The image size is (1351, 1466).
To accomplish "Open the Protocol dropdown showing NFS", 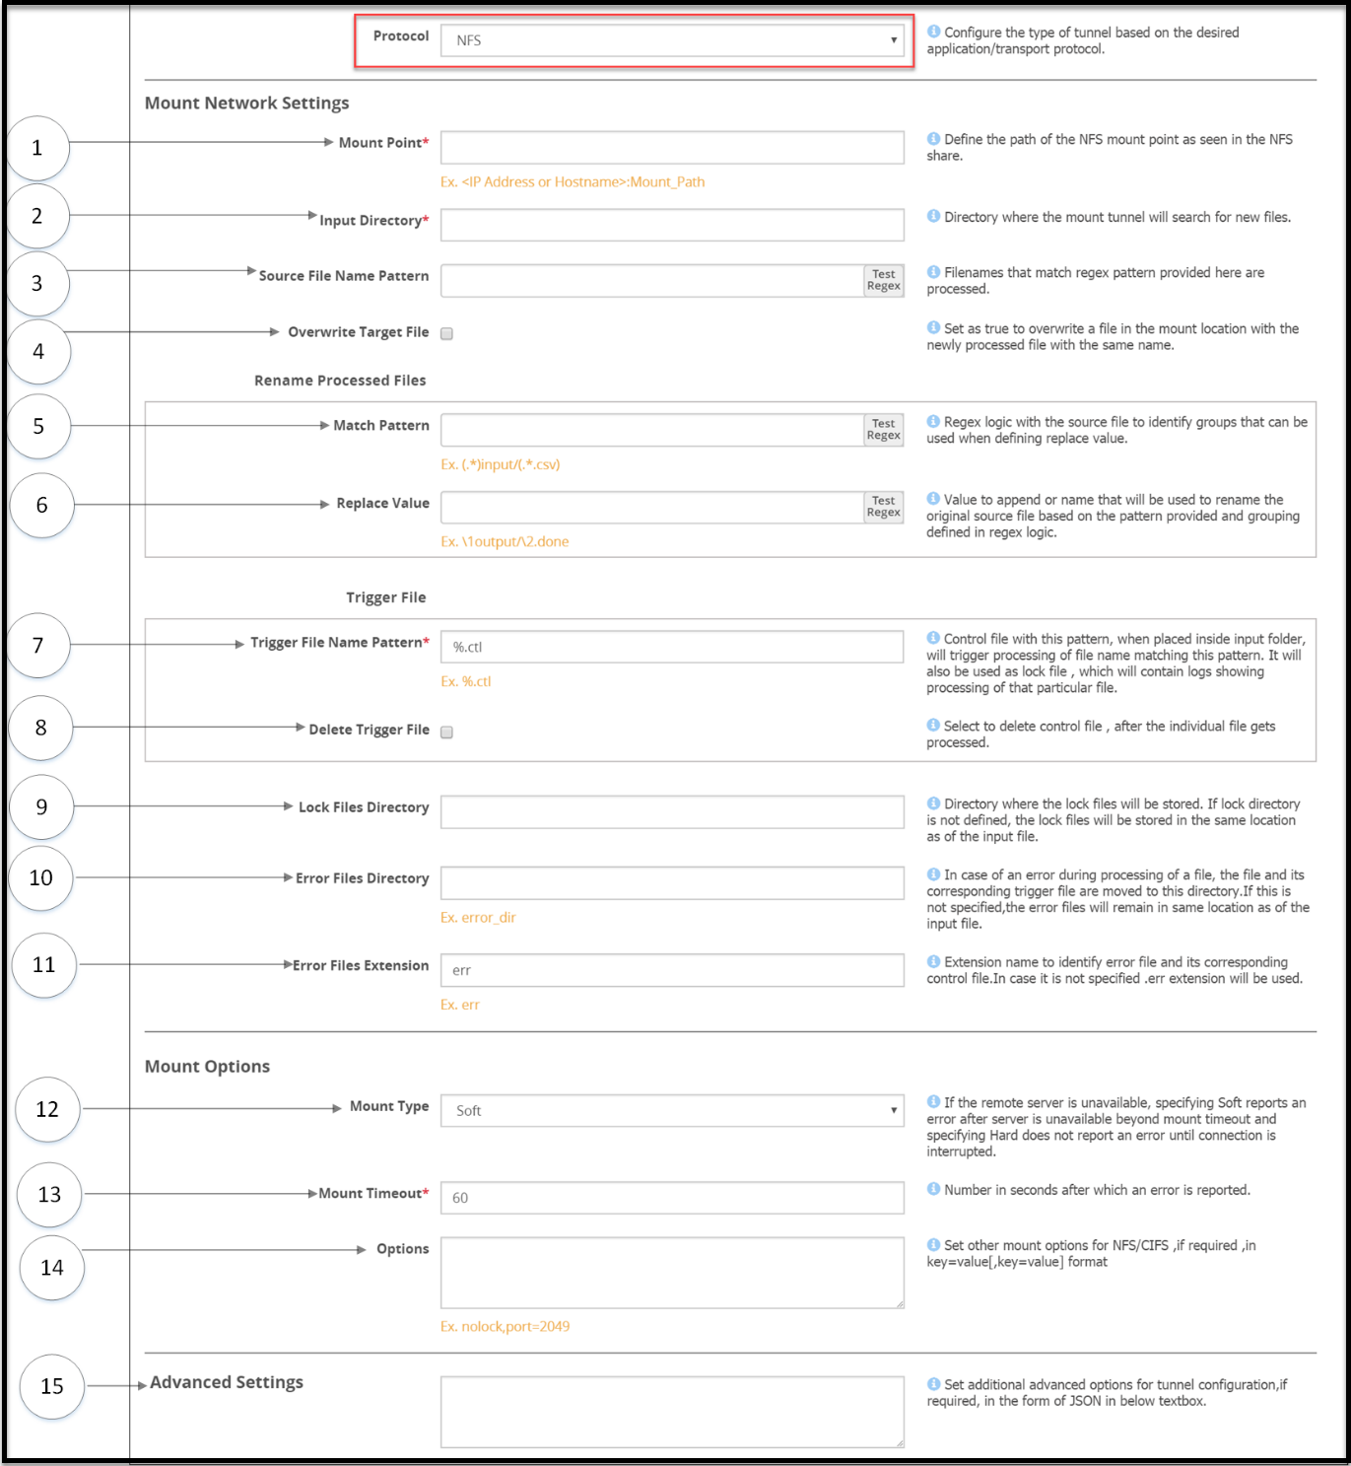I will (x=672, y=40).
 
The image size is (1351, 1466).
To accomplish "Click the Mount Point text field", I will (x=672, y=148).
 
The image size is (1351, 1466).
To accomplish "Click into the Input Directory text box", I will (x=672, y=225).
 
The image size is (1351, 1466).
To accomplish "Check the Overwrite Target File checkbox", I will (x=446, y=333).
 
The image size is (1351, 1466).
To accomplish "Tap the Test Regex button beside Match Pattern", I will (x=883, y=430).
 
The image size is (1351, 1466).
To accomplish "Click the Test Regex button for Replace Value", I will (x=883, y=507).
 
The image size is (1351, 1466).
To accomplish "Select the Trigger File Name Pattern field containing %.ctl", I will (x=672, y=647).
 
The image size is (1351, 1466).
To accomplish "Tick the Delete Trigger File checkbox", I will (x=446, y=732).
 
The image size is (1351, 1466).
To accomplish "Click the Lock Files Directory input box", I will (x=672, y=812).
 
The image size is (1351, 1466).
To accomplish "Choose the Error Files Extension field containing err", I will (x=672, y=970).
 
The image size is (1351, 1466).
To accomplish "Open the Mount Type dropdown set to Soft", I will (x=672, y=1110).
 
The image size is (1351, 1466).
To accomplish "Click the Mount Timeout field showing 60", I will (x=672, y=1198).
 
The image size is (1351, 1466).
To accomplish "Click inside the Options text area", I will (x=672, y=1273).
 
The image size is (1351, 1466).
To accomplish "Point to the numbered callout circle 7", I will (x=38, y=646).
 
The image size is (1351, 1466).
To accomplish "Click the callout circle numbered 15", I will (x=52, y=1386).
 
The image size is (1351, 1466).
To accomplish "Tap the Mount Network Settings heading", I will (x=246, y=104).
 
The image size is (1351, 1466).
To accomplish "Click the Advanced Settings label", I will (x=227, y=1382).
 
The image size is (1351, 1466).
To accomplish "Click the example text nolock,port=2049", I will (x=505, y=1327).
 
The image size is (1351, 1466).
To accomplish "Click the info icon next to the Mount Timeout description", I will (x=933, y=1189).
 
